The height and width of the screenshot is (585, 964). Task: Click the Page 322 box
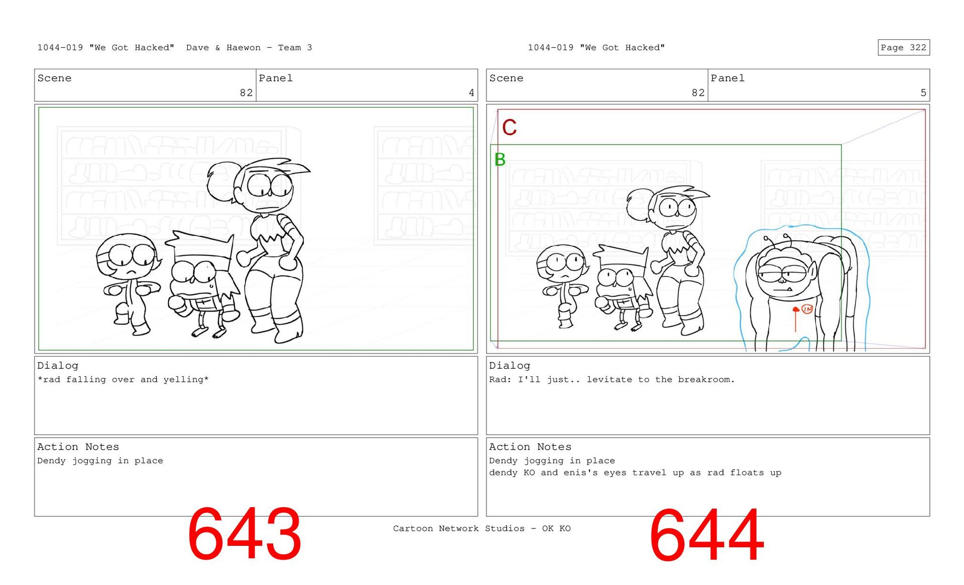click(x=903, y=48)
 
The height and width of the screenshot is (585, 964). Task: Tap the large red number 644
click(x=706, y=535)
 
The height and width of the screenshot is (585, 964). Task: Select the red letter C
click(x=509, y=127)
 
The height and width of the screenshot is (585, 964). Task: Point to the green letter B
click(x=500, y=160)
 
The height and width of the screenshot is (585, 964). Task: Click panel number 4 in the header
click(x=471, y=93)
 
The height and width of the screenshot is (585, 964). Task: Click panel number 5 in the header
click(x=923, y=93)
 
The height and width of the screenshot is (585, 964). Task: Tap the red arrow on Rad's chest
click(x=795, y=319)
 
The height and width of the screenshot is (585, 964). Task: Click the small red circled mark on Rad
click(x=807, y=309)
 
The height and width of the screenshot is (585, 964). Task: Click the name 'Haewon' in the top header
click(x=244, y=48)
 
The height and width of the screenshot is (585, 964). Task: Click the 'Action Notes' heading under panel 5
click(x=530, y=447)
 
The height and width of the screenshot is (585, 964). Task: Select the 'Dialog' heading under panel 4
click(x=58, y=366)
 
